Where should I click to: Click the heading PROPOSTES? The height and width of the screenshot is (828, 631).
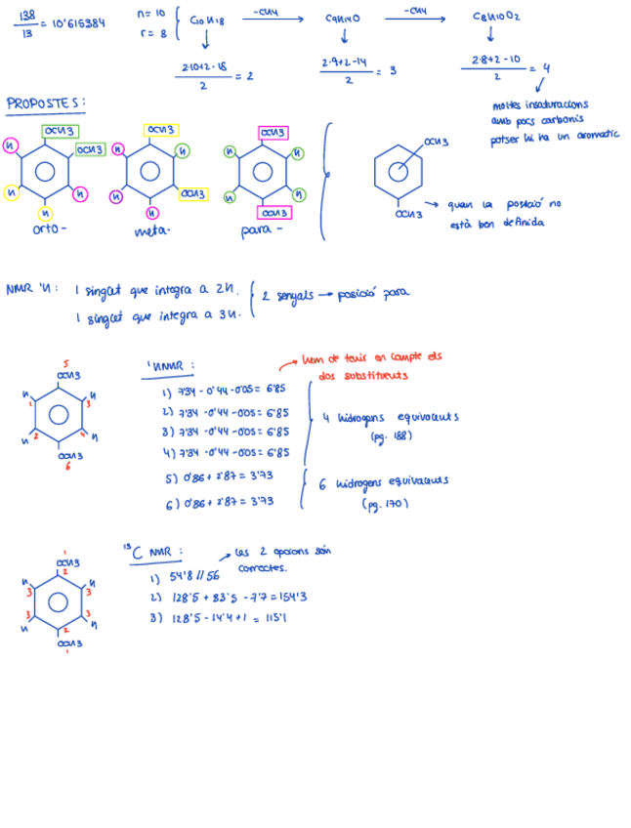pos(45,103)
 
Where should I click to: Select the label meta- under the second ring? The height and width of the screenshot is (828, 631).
pos(151,232)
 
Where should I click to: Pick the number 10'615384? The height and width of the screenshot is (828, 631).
pos(78,23)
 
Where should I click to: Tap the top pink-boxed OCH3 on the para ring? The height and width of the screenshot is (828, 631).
pos(273,132)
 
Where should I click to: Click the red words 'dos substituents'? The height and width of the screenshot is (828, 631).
pos(353,375)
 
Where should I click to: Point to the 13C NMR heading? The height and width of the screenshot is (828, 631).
pos(149,553)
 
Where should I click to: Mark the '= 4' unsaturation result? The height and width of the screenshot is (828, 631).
pos(540,68)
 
